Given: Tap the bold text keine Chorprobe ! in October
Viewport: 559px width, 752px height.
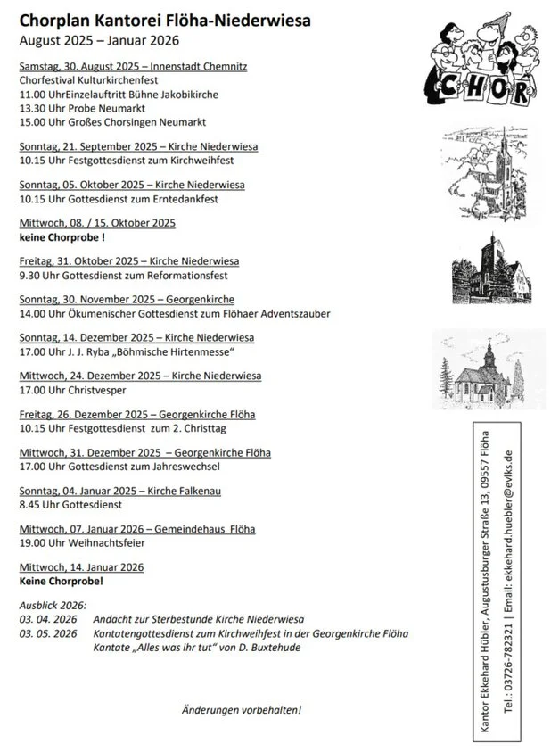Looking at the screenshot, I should (x=62, y=238).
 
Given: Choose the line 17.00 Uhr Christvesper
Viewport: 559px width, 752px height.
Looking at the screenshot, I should (x=73, y=391).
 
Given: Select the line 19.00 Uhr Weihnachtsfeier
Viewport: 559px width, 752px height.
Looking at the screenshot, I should (x=82, y=542).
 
